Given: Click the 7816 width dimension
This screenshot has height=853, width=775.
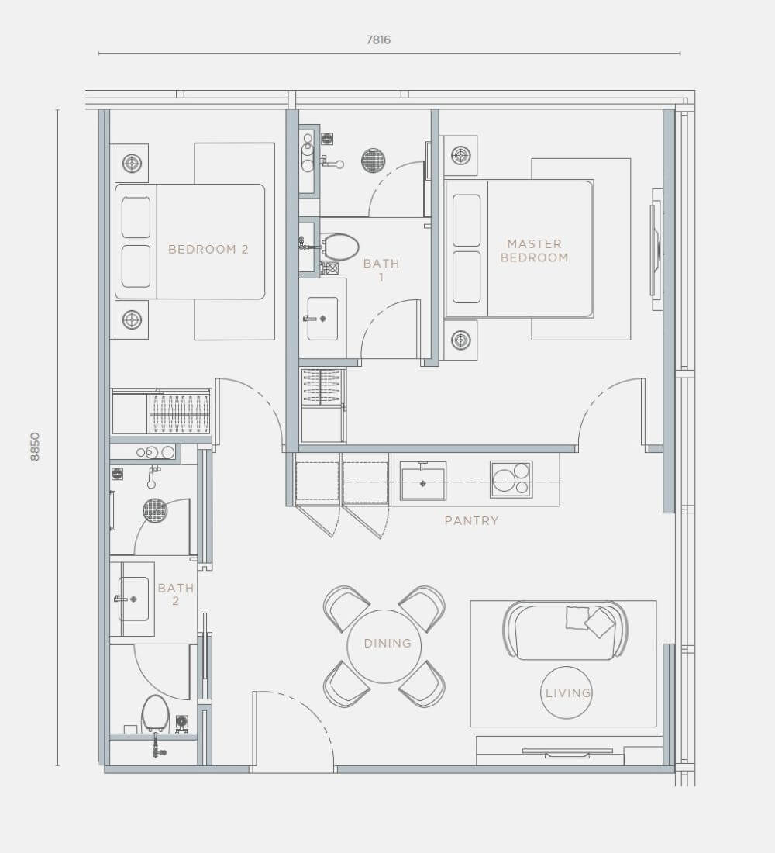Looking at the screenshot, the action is click(x=378, y=40).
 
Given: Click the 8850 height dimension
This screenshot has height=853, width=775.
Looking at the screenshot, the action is click(x=36, y=447).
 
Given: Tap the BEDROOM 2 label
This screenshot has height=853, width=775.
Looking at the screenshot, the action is click(x=208, y=249).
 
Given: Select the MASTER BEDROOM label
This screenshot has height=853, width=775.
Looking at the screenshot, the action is click(x=534, y=250).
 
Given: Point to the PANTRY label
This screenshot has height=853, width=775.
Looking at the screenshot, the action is click(x=471, y=520).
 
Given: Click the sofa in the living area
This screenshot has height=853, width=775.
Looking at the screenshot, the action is click(x=566, y=631).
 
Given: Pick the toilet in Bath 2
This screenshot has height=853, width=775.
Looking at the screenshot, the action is click(x=155, y=713).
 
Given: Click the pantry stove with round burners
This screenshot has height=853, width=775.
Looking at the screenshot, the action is click(x=511, y=479).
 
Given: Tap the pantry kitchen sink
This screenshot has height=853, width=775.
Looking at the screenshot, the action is click(x=423, y=481).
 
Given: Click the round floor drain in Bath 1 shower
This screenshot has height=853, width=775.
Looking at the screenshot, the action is click(x=374, y=160).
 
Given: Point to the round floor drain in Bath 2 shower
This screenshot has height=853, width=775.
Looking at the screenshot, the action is click(x=155, y=510).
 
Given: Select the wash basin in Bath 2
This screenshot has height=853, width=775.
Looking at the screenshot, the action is click(x=133, y=599).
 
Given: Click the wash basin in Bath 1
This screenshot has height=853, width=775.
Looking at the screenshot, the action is click(x=322, y=319).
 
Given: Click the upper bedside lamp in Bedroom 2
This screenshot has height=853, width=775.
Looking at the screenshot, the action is click(x=132, y=163).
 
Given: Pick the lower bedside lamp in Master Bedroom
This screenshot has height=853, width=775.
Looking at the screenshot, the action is click(x=460, y=340).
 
